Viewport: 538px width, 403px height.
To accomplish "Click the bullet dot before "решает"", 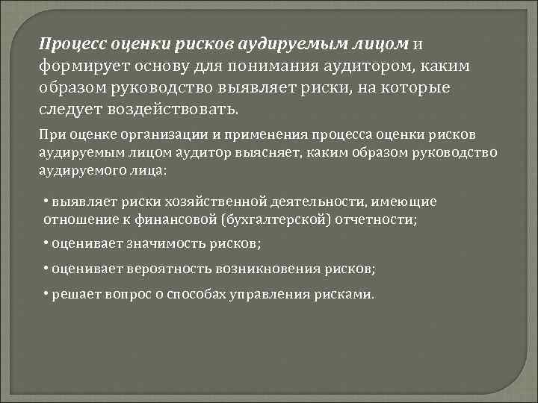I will pyautogui.click(x=46, y=293).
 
